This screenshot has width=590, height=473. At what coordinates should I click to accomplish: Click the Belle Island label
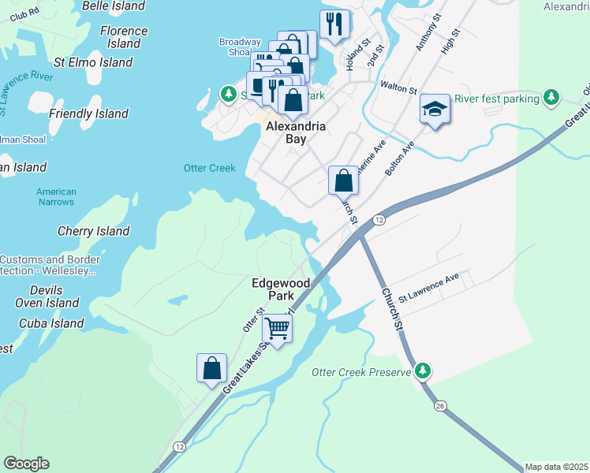tap(114, 6)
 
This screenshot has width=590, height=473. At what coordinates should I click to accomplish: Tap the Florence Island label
tap(124, 37)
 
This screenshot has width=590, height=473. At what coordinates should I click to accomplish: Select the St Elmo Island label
tap(93, 62)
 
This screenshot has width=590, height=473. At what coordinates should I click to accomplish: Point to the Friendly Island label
tap(88, 114)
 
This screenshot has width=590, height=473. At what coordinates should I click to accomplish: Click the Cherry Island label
tap(93, 231)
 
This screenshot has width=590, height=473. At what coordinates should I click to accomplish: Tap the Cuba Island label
tap(51, 323)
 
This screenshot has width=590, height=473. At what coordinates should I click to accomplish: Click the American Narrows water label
tap(56, 197)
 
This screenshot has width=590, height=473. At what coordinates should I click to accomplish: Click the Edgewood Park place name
tap(274, 289)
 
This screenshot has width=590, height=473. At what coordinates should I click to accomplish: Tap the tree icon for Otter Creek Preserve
tap(424, 371)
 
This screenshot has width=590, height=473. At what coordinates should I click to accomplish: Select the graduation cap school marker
tap(433, 109)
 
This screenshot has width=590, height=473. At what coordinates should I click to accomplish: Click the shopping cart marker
tap(277, 326)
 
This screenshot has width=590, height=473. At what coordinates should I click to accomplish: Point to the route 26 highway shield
tap(440, 405)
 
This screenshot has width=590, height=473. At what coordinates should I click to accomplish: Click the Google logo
tap(26, 464)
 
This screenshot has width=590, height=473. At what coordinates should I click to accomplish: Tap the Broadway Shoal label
tap(240, 47)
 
